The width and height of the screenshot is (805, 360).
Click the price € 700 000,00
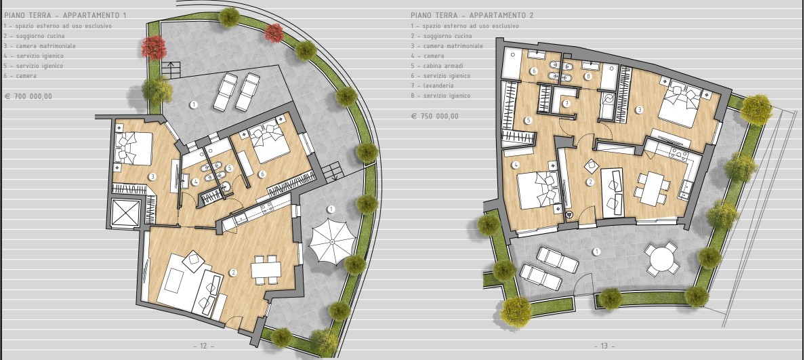point(28,96)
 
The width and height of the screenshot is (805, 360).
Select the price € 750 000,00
point(435,116)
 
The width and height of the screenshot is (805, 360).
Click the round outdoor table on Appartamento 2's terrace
point(662,260)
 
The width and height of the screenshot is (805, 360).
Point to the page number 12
point(203,346)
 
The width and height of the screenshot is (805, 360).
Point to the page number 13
point(604,346)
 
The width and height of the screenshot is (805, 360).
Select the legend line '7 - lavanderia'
point(432,86)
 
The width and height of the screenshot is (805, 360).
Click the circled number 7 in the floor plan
point(566,104)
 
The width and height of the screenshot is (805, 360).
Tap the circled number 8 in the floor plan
point(588,77)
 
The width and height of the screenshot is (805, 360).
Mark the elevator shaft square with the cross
point(126,213)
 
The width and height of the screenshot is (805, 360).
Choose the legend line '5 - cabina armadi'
point(437,66)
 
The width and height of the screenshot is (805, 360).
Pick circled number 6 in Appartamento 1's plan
point(262,174)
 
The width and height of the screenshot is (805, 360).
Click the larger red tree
point(154,47)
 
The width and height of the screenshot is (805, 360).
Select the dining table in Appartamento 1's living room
point(266,270)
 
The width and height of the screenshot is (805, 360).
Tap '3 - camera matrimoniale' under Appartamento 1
point(39,45)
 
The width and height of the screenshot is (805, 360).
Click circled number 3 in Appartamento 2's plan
point(639,109)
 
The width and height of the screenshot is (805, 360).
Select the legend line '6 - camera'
point(20,75)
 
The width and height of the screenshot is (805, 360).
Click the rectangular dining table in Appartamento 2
point(651,188)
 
